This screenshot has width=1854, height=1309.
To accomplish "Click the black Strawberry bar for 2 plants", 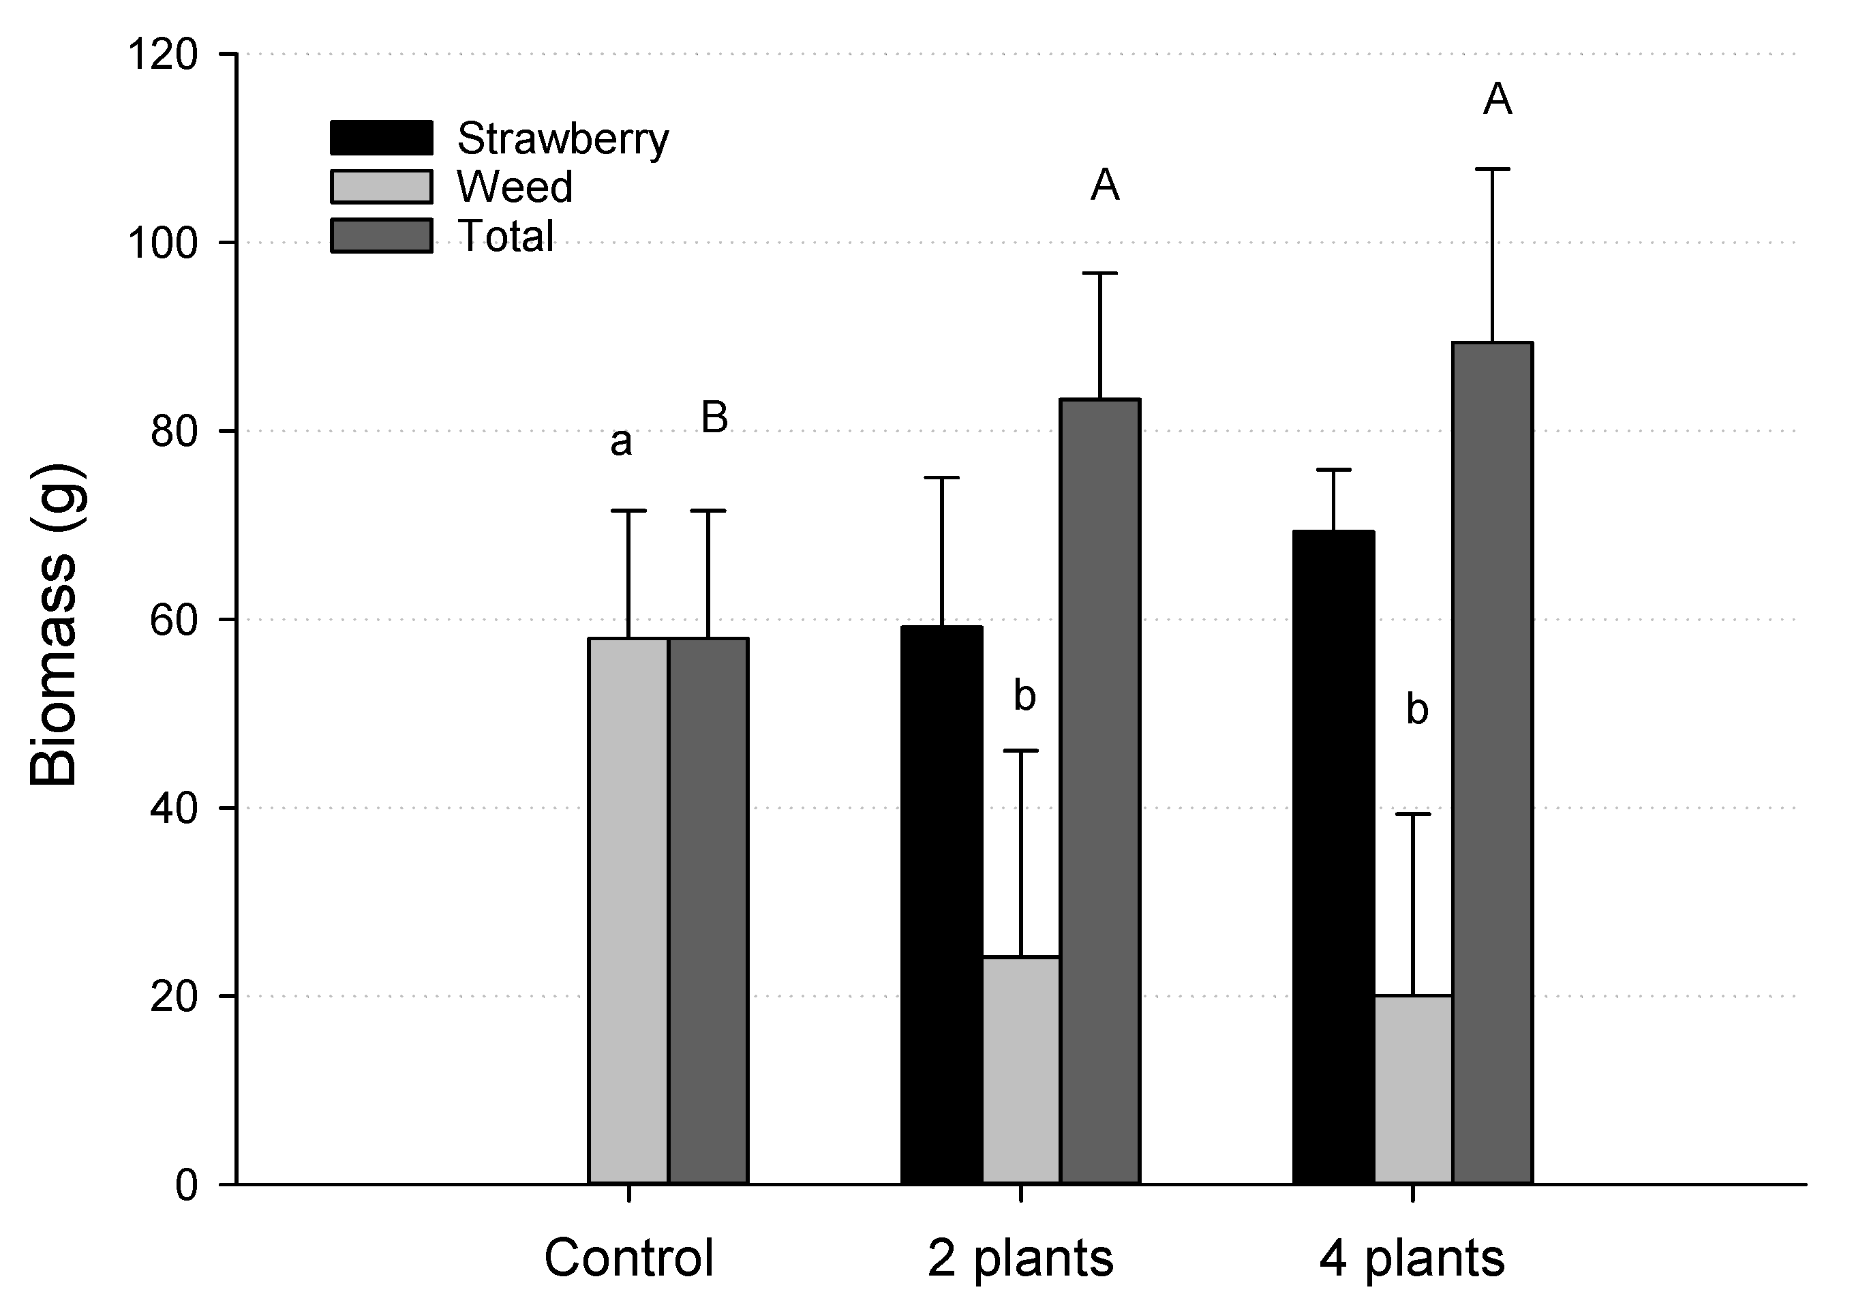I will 941,905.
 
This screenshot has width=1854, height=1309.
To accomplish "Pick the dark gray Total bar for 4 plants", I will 1492,763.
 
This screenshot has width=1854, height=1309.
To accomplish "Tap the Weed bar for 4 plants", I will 1413,1089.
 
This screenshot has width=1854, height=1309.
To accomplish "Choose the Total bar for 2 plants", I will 1100,792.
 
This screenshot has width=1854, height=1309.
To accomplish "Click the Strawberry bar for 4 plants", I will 1333,857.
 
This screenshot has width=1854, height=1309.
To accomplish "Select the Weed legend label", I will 515,187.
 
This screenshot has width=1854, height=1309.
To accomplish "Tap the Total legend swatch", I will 381,236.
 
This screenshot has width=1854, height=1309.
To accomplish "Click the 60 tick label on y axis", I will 174,620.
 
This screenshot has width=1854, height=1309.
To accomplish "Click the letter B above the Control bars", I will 714,417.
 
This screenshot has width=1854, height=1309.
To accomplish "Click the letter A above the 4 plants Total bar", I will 1497,100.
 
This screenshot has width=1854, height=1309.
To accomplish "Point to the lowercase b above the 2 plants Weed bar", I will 1024,696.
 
